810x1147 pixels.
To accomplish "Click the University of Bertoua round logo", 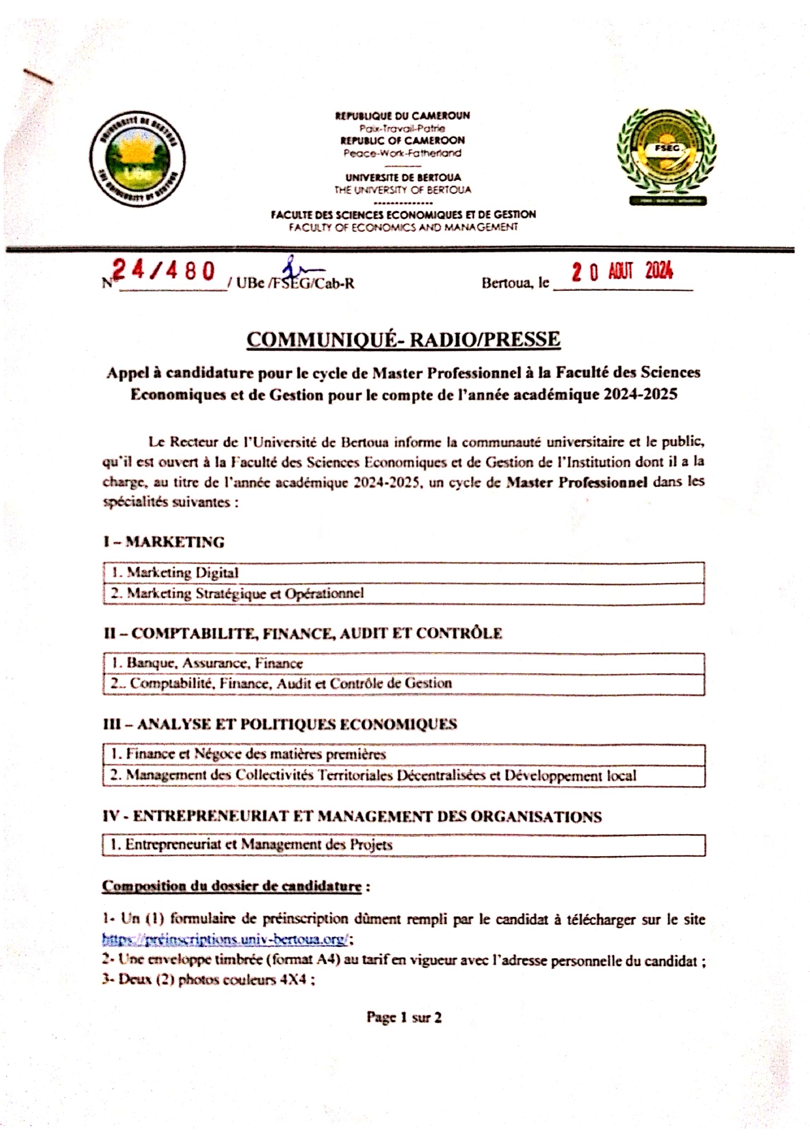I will pos(137,159).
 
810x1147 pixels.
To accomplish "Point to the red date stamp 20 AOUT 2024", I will pos(622,271).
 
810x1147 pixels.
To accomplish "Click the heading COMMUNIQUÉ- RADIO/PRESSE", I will pos(403,339).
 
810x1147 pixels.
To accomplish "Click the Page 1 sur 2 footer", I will pos(404,1017).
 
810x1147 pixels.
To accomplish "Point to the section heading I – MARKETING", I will pos(163,542).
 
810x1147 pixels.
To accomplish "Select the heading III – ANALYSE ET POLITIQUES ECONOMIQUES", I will pos(280,724).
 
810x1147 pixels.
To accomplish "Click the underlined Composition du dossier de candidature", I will pos(232,886).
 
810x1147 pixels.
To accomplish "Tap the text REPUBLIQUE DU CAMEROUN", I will pos(402,116).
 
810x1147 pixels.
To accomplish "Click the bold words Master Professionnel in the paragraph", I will pos(577,482).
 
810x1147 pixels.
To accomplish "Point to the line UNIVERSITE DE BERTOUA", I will pos(402,177).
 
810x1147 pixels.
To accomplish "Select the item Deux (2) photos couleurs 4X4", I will pos(209,980).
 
